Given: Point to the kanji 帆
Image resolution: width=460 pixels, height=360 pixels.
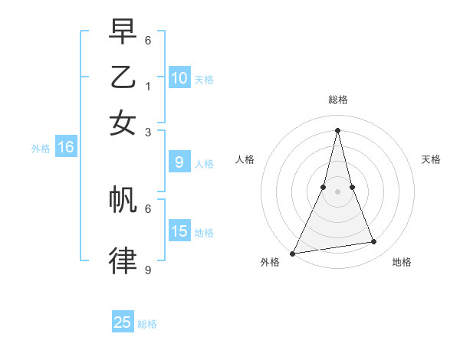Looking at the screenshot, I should click(x=123, y=199).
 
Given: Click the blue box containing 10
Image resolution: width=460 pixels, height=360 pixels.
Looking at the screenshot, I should click(x=179, y=77).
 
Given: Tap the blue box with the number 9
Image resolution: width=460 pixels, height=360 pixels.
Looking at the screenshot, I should click(x=179, y=162).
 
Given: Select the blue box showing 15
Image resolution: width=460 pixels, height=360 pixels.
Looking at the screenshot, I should click(x=179, y=231).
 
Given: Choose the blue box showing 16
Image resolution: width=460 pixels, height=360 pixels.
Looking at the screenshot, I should click(x=65, y=147).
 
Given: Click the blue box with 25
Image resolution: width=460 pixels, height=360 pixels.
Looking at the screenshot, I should click(x=123, y=322).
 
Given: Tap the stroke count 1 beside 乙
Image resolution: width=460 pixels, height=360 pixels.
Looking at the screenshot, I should click(x=148, y=87).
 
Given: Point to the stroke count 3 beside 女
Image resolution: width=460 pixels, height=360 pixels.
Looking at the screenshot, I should click(x=148, y=132).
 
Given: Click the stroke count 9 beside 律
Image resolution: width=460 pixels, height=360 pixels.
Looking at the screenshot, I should click(x=148, y=270).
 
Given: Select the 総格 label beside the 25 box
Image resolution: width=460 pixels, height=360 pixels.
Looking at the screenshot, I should click(x=147, y=324).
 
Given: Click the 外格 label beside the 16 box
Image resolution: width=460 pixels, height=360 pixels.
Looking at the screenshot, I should click(x=40, y=149).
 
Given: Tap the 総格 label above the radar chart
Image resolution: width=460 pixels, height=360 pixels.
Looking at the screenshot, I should click(x=337, y=100).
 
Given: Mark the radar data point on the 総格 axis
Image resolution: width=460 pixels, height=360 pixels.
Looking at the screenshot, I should click(x=337, y=129).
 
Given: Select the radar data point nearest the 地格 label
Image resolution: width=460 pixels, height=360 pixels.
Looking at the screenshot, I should click(x=374, y=242).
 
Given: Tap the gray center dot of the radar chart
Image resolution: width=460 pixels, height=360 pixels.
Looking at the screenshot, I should click(x=337, y=191).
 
